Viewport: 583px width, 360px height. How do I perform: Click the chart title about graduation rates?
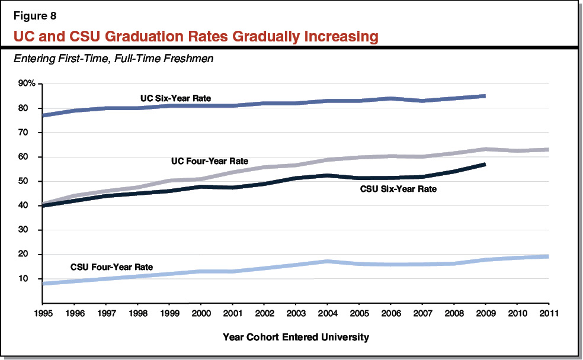pos(196,37)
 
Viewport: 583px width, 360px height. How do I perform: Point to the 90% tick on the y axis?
pos(27,83)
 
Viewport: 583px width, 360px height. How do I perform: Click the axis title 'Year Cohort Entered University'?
pos(296,337)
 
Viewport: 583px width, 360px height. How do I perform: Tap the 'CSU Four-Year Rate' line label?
pos(111,267)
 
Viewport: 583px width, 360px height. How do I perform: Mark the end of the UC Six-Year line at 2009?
pos(485,95)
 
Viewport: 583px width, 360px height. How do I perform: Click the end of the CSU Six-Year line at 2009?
pos(485,164)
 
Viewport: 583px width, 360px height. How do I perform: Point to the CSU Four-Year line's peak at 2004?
pos(329,261)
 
